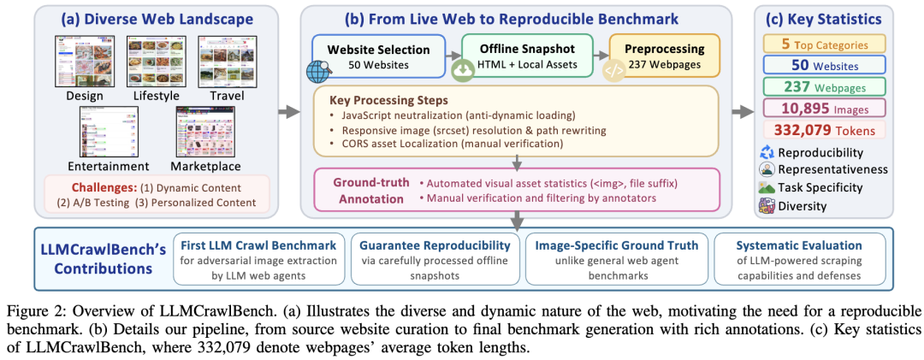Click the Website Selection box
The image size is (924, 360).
pos(378,56)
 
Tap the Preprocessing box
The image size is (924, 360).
pos(665,56)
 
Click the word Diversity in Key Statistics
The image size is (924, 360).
pos(804,205)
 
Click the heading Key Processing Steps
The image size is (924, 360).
pos(388,99)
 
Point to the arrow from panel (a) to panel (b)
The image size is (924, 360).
pos(291,111)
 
